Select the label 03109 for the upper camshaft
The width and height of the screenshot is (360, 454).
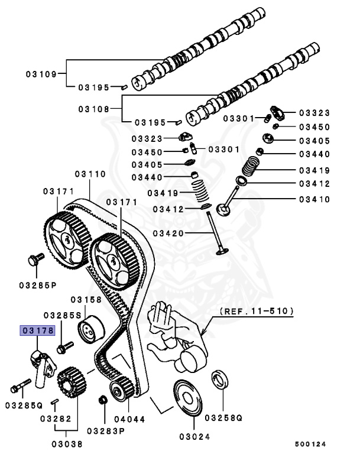pyautogui.click(x=41, y=74)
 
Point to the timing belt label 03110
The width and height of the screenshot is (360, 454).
pyautogui.click(x=90, y=174)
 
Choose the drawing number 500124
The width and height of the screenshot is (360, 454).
pyautogui.click(x=310, y=443)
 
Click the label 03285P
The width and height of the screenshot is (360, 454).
pyautogui.click(x=37, y=285)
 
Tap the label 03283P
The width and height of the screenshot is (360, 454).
pyautogui.click(x=106, y=430)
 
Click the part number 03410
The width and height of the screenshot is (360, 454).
pyautogui.click(x=314, y=199)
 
